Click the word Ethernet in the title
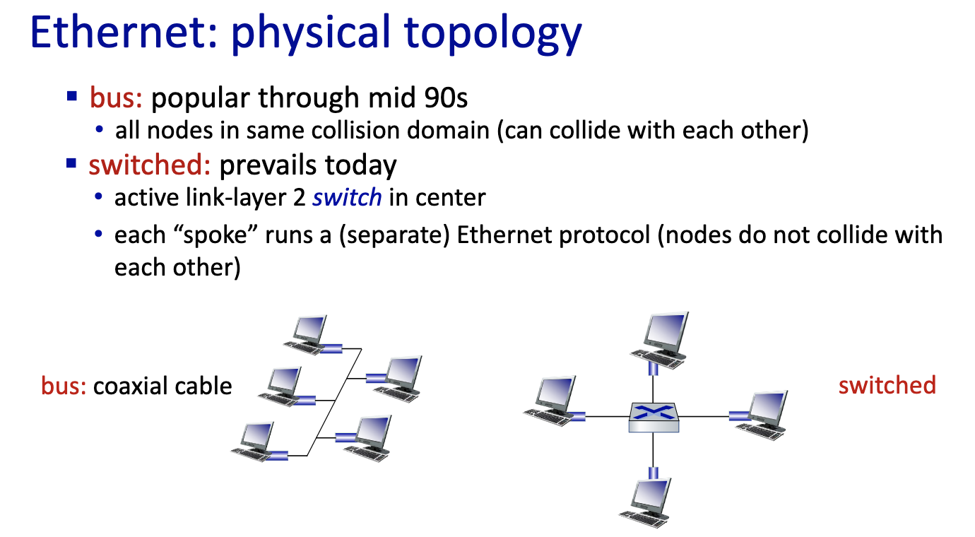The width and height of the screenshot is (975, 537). point(124,33)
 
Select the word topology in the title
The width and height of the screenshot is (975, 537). point(492,35)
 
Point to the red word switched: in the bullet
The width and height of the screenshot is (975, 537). point(150,165)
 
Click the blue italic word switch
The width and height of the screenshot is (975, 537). point(348,198)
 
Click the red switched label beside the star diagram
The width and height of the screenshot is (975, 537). point(887,385)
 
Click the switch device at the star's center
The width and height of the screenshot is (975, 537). point(654,418)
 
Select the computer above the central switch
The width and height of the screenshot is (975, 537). point(659,341)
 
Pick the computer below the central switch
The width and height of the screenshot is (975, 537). point(645,503)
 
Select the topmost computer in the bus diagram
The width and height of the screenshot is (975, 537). point(305,335)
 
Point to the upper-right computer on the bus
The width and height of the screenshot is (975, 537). point(398,379)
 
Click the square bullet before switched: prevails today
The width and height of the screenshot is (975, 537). point(71,164)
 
